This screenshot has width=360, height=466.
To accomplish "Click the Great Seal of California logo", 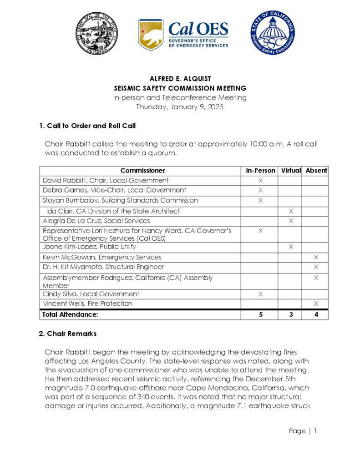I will [x=97, y=34].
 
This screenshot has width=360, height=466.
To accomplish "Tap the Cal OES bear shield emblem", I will [x=151, y=35].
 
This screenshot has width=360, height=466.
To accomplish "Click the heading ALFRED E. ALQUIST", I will [x=180, y=79].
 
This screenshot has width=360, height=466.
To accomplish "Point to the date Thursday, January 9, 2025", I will [x=180, y=107].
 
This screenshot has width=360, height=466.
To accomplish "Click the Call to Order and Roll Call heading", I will [x=87, y=126].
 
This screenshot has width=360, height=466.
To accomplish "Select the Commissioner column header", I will [x=142, y=171].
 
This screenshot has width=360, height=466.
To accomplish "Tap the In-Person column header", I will [x=260, y=171].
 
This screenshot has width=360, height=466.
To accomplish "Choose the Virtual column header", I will [x=291, y=171].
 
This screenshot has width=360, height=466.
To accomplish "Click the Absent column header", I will [x=316, y=171].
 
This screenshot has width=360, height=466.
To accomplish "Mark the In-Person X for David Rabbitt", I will [x=260, y=181].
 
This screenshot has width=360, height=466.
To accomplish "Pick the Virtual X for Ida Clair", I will [x=291, y=211].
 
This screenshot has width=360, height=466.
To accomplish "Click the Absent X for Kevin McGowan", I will [x=316, y=258].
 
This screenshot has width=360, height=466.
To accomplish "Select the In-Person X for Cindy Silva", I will [x=260, y=294].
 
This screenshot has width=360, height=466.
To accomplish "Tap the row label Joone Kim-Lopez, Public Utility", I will [x=89, y=247].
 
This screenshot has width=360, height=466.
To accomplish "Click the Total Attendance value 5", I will [x=260, y=314].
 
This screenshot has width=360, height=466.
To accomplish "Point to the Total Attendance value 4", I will [x=316, y=314].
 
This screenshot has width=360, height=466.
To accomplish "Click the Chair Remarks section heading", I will [x=68, y=334].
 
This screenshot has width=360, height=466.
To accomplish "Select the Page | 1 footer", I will [x=303, y=431].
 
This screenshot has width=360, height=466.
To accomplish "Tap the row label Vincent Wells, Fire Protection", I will [x=87, y=304].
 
